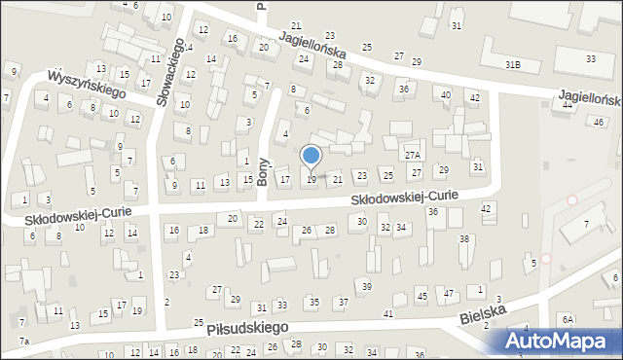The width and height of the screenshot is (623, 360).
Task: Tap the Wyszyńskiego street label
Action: click(88, 84)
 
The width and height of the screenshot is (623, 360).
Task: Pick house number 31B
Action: click(513, 64)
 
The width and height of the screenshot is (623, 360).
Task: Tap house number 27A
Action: click(413, 155)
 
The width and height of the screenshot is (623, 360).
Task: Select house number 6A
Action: click(568, 319)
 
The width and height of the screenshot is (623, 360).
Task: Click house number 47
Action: click(449, 293)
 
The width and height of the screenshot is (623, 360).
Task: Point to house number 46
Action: click(599, 121)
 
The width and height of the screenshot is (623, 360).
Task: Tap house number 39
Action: click(366, 286)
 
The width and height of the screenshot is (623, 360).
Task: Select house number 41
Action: click(387, 313)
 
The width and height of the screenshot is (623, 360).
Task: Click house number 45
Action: click(421, 295)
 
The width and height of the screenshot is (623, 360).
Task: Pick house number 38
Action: click(464, 238)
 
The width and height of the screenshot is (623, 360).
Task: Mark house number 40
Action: click(445, 94)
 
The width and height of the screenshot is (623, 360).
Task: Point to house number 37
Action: click(344, 302)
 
